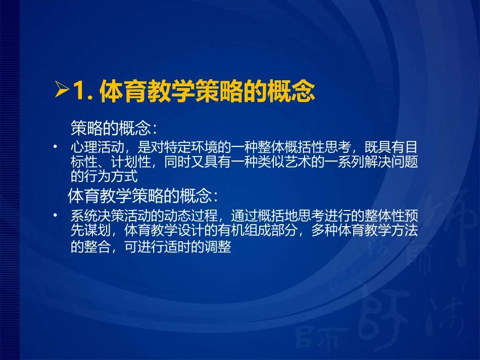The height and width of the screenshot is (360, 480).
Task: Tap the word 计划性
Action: pyautogui.click(x=136, y=163)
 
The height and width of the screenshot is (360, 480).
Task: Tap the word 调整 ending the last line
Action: pyautogui.click(x=219, y=248)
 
